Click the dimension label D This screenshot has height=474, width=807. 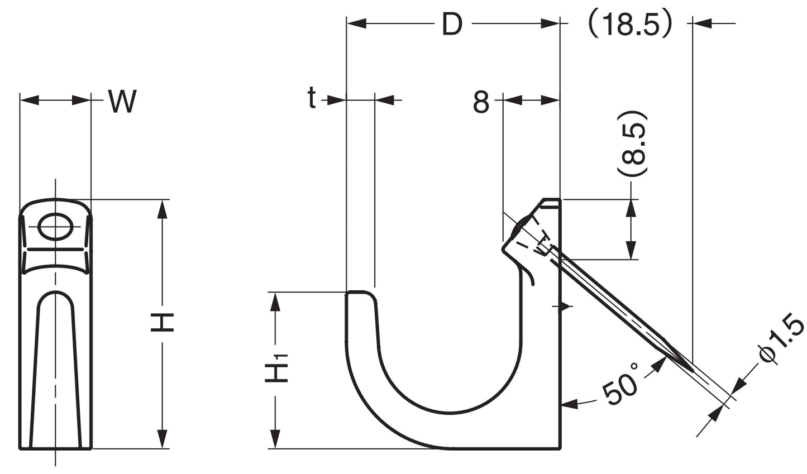click(452, 24)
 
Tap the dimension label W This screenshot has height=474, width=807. click(122, 102)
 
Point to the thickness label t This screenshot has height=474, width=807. click(312, 99)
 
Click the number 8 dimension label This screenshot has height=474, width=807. click(481, 102)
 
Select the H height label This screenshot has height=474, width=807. click(163, 322)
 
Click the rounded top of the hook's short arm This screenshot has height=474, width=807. click(361, 293)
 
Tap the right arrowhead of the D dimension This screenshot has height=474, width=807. click(552, 23)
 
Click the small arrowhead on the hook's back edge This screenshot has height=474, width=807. click(566, 306)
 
